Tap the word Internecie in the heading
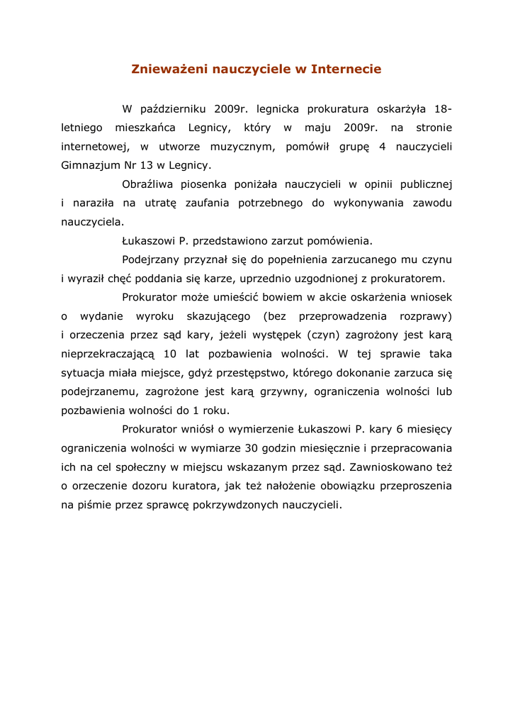[x=346, y=69]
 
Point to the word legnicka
[x=278, y=109]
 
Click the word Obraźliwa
[x=147, y=184]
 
